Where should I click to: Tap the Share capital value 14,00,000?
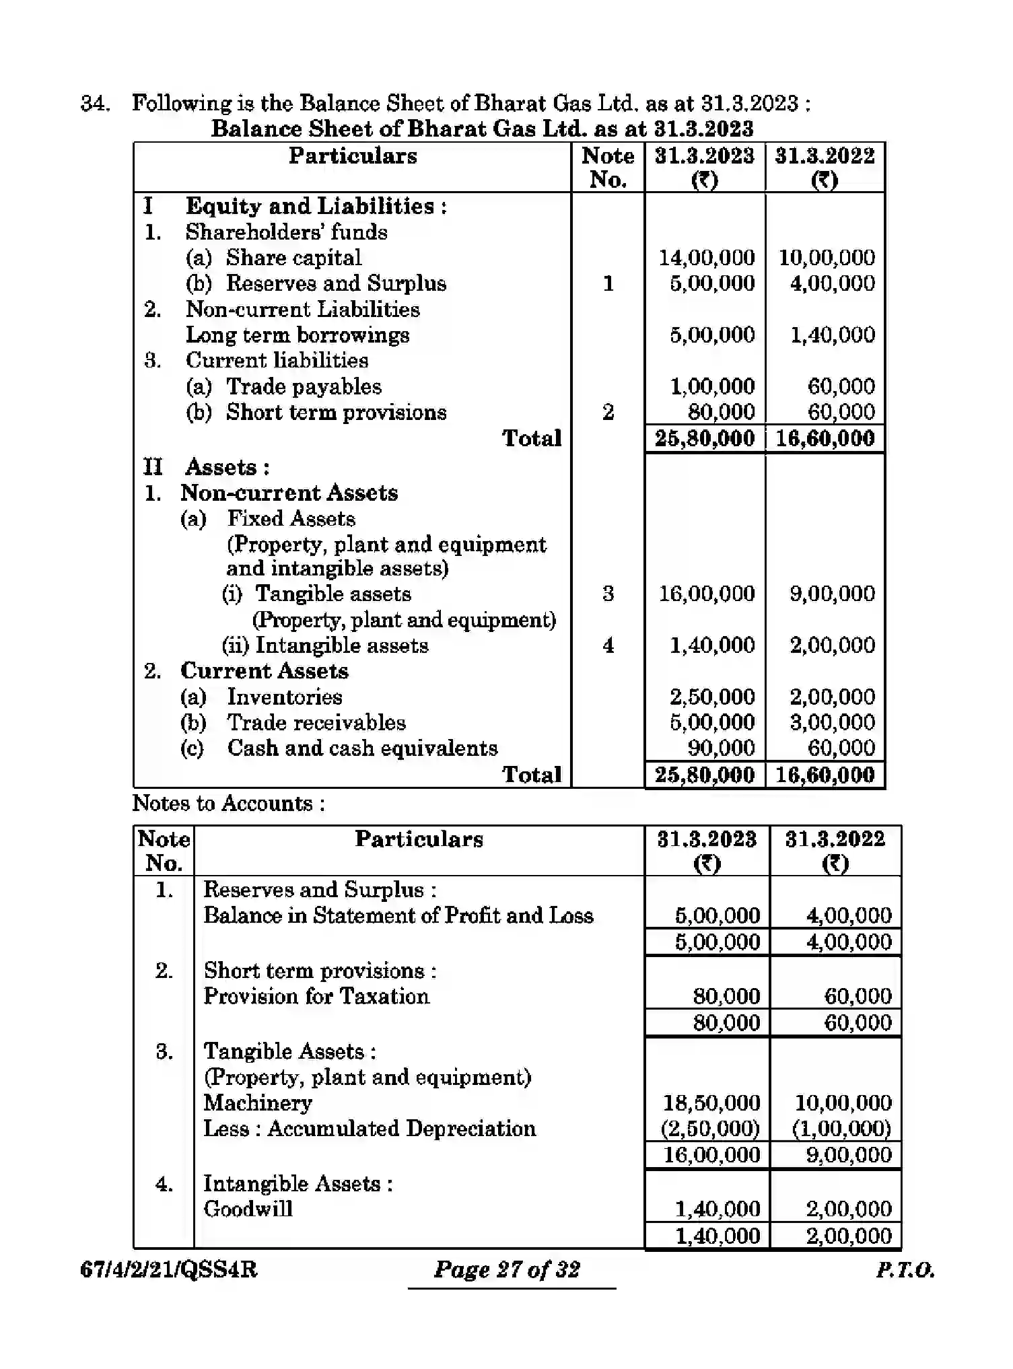click(x=706, y=258)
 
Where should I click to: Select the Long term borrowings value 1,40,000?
click(x=832, y=335)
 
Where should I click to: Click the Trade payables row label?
click(x=304, y=387)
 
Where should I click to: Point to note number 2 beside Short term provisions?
click(x=608, y=413)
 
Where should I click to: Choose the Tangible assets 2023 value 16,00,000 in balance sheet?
click(x=706, y=594)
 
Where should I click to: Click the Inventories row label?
click(x=284, y=697)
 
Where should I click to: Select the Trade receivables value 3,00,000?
click(x=832, y=723)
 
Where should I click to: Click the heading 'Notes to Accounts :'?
click(x=229, y=804)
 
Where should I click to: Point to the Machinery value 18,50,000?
click(x=711, y=1103)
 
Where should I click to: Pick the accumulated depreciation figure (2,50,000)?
click(x=710, y=1129)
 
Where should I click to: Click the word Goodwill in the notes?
click(x=248, y=1209)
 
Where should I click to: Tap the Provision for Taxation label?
click(x=316, y=997)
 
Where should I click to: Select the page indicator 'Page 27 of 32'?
click(x=507, y=1270)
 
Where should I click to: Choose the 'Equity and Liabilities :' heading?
click(x=316, y=207)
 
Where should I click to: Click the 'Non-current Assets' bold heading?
click(x=289, y=493)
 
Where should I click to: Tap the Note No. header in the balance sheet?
click(x=608, y=168)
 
